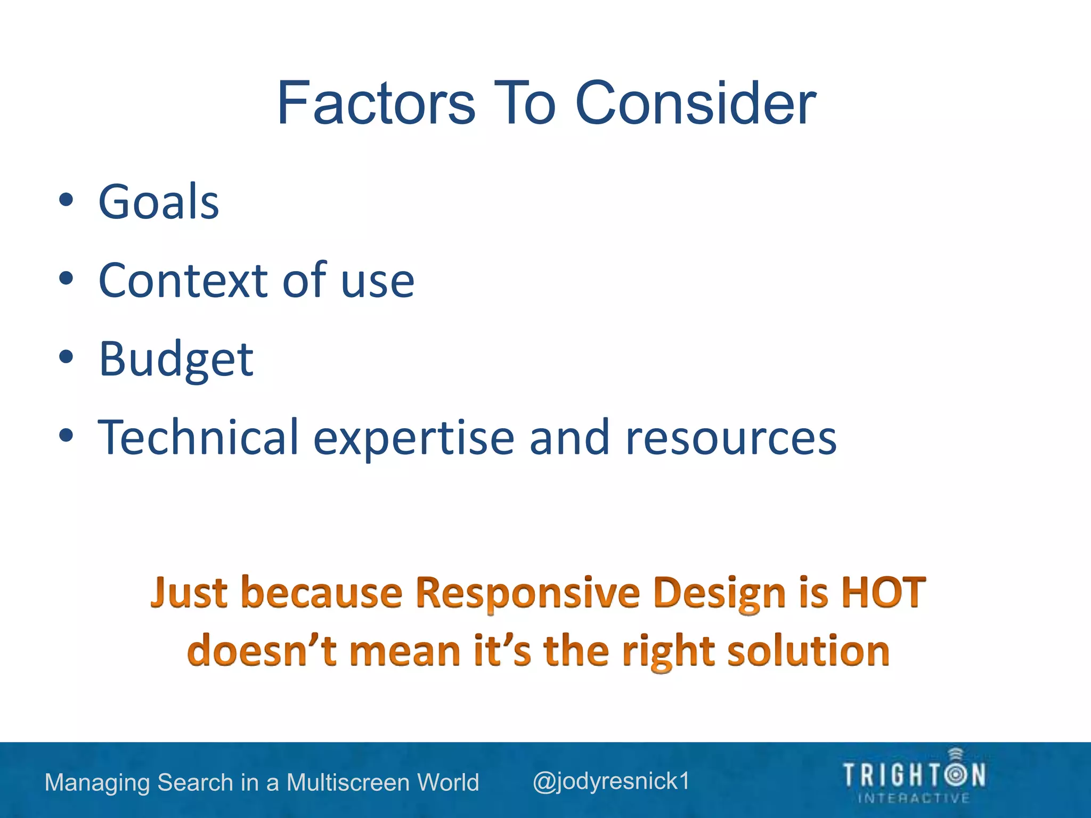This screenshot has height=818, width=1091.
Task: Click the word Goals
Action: (159, 202)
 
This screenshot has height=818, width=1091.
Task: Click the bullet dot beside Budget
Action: (66, 357)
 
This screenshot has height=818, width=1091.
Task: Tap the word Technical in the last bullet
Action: (198, 437)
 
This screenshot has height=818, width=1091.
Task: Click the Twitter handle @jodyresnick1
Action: (611, 781)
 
